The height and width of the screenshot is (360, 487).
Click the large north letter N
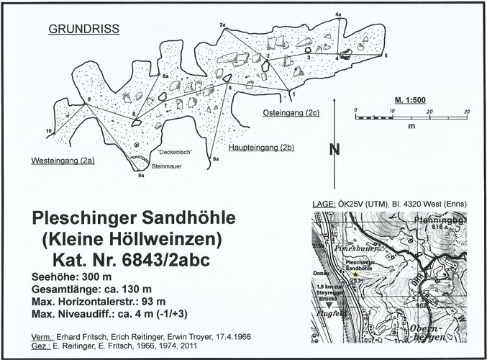tap(334, 150)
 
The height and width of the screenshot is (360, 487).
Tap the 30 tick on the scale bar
tap(467, 111)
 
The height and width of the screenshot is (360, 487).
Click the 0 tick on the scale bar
tap(355, 111)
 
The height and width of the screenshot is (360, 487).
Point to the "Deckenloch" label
tap(171, 153)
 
